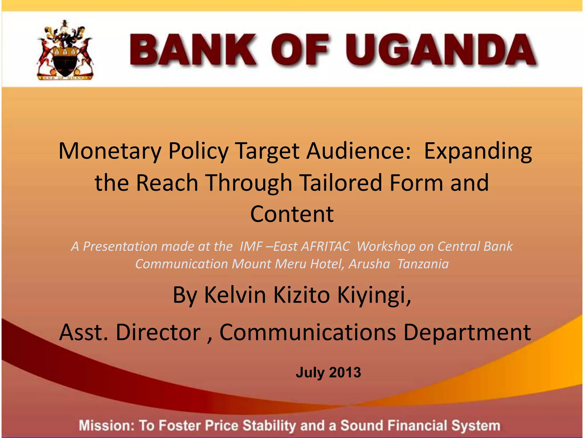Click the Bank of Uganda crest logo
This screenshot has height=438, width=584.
coord(65,50)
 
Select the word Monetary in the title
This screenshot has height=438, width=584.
coord(110,151)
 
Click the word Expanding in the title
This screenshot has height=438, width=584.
coord(478,151)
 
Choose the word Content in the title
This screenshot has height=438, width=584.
coord(292,214)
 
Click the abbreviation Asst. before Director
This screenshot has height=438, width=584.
coord(84,332)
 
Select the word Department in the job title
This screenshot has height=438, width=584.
coord(467,332)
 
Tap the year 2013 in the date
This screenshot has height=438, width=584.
coord(345,372)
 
